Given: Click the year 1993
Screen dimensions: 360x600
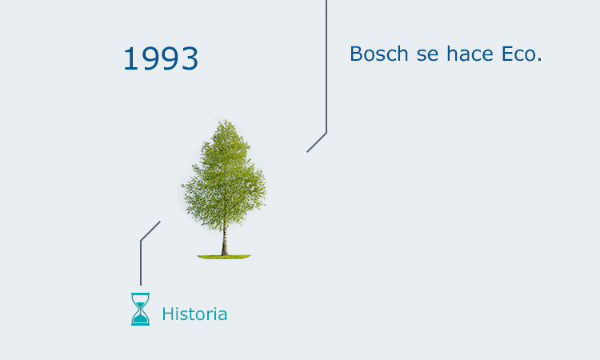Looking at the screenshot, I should (x=161, y=59).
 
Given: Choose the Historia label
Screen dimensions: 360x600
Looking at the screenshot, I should (x=194, y=314).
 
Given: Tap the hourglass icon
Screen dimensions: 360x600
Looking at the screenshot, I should (x=140, y=309).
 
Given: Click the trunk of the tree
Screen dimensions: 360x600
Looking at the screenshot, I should (x=224, y=241).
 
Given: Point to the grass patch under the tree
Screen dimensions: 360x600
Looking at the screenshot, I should (x=224, y=257).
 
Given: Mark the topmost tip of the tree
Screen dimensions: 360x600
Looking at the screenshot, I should (x=226, y=121).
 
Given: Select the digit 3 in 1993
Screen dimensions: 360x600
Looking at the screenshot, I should (x=190, y=59).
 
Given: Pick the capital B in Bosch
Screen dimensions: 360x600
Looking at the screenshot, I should (x=357, y=54).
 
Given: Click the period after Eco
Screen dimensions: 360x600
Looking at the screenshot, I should (x=540, y=60).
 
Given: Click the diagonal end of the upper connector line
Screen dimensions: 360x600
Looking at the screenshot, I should (x=310, y=150).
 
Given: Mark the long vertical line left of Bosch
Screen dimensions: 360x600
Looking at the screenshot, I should (x=326, y=64).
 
